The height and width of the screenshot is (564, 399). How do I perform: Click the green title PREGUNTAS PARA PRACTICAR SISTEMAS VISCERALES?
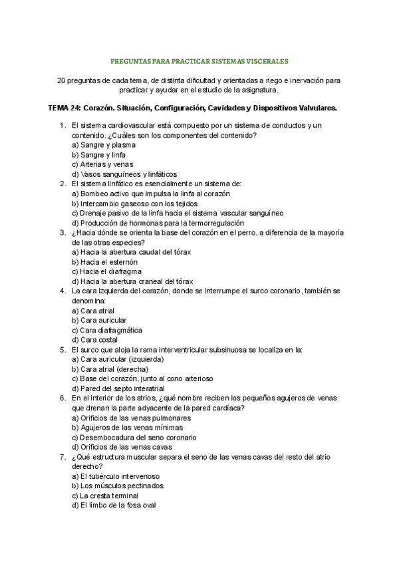point(199,61)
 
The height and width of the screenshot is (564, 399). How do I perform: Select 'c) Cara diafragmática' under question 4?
point(106,330)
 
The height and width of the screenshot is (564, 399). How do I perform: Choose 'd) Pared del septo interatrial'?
point(118,388)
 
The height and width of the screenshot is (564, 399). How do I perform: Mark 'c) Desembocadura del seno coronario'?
point(134,438)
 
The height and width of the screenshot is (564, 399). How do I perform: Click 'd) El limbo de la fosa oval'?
point(113,505)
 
